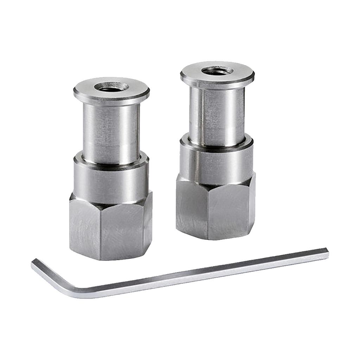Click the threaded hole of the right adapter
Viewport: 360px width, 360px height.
pos(217,71)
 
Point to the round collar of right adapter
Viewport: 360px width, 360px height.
pos(215,160)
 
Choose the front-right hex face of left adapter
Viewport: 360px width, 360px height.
pos(123,230)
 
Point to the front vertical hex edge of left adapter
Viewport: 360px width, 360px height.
pos(101,232)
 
